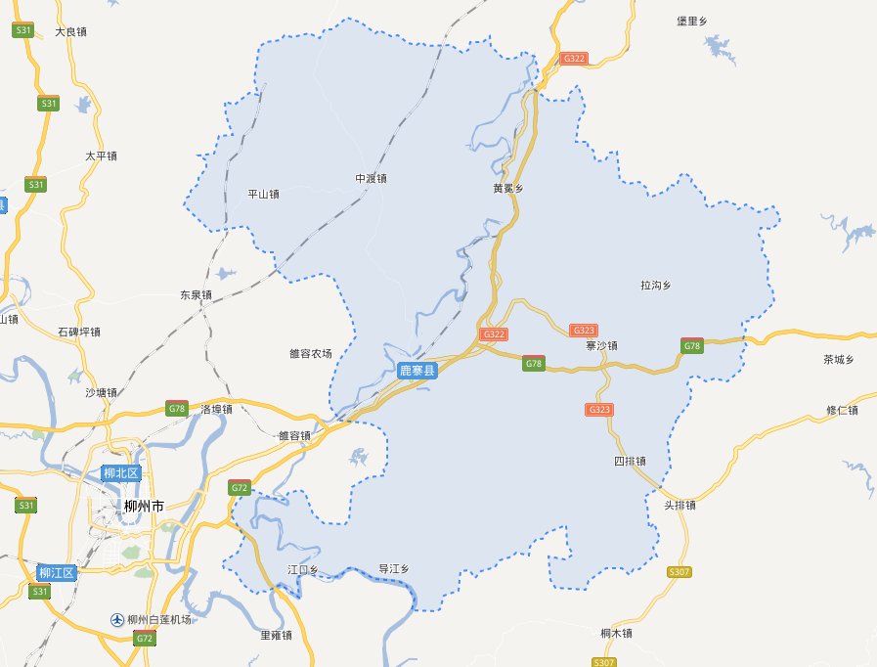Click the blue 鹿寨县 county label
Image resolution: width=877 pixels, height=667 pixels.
(417, 371)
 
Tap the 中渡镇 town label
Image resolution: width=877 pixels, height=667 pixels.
(371, 179)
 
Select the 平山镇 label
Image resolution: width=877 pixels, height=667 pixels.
(263, 194)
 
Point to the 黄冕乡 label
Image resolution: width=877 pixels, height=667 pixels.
(508, 189)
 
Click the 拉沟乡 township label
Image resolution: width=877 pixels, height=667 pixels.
(655, 286)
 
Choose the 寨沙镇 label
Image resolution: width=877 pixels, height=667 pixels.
(602, 346)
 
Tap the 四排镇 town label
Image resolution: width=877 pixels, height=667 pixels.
(629, 461)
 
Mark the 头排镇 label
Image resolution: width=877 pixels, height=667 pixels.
(680, 506)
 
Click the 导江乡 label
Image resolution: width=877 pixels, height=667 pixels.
(393, 568)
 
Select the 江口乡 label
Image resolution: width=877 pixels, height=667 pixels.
(302, 568)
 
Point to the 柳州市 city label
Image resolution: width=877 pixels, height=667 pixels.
(144, 506)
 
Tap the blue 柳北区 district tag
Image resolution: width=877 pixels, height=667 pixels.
(122, 474)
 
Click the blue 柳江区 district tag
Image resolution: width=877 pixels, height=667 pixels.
(56, 572)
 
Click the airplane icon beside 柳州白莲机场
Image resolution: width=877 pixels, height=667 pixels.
(117, 620)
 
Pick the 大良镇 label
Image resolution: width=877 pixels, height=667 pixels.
(71, 32)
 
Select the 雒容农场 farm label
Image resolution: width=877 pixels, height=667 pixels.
(311, 353)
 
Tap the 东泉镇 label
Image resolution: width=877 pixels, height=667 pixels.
(196, 294)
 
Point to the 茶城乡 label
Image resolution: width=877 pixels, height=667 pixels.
(839, 360)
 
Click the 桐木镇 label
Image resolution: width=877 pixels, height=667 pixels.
(617, 634)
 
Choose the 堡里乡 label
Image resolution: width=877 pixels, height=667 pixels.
(691, 21)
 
